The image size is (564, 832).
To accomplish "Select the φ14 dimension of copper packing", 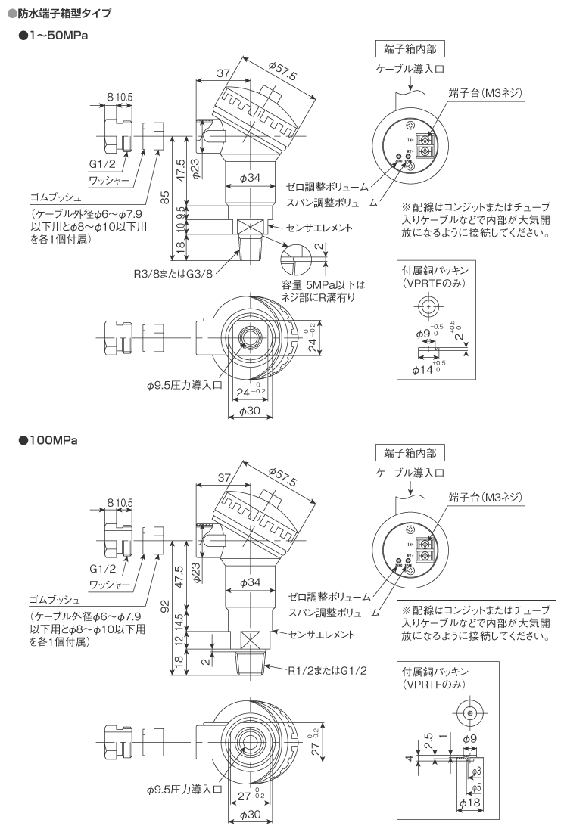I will point(425,370).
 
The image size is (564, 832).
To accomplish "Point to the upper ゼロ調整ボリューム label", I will point(328,186).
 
